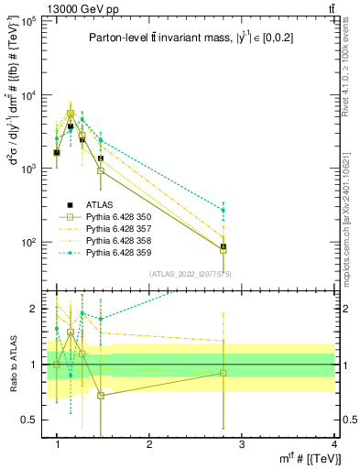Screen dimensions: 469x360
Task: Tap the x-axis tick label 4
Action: tap(335, 443)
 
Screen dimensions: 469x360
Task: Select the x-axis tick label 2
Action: tap(150, 443)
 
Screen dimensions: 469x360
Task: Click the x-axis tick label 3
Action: tap(243, 443)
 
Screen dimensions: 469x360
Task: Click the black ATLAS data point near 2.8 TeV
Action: tap(224, 246)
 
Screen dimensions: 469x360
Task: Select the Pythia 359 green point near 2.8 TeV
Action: tap(224, 211)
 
